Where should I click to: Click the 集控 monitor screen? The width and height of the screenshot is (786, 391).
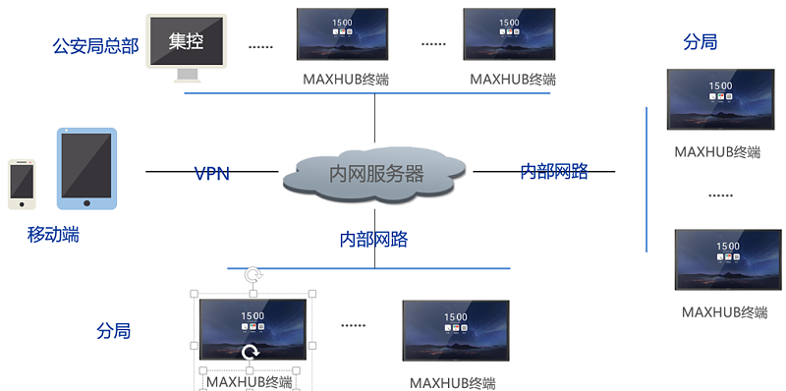pyautogui.click(x=187, y=41)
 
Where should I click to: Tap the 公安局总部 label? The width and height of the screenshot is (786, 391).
pyautogui.click(x=95, y=45)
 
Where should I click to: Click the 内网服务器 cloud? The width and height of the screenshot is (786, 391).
pyautogui.click(x=375, y=174)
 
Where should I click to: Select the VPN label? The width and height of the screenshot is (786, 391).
pyautogui.click(x=211, y=174)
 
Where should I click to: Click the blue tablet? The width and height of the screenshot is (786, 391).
pyautogui.click(x=86, y=168)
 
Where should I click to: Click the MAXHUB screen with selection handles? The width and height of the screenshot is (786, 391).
pyautogui.click(x=253, y=329)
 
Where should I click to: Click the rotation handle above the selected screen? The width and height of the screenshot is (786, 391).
pyautogui.click(x=253, y=275)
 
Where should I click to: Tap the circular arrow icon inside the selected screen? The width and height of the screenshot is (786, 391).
pyautogui.click(x=250, y=352)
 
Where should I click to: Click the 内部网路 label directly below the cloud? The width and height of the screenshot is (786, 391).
pyautogui.click(x=373, y=239)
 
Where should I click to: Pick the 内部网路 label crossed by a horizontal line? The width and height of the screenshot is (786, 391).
pyautogui.click(x=554, y=172)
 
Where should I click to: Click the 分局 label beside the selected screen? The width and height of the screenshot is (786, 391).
pyautogui.click(x=113, y=331)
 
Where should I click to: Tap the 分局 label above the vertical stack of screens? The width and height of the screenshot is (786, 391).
pyautogui.click(x=700, y=42)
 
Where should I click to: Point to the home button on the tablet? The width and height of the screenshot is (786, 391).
pyautogui.click(x=86, y=203)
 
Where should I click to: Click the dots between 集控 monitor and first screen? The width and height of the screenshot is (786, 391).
pyautogui.click(x=260, y=46)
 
